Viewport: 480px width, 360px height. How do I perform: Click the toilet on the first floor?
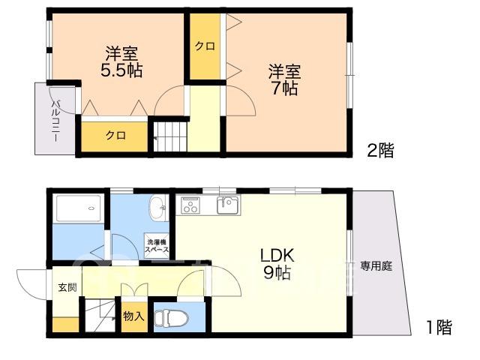click(x=170, y=318)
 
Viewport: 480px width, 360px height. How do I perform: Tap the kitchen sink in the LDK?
click(x=228, y=205)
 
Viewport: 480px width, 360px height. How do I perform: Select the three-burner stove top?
click(x=190, y=205)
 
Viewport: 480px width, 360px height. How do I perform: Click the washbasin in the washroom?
click(x=157, y=208)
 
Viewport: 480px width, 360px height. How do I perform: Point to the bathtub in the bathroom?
click(x=78, y=208)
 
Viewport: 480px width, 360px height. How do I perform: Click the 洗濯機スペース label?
click(x=157, y=245)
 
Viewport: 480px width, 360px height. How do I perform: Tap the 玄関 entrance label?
click(x=67, y=287)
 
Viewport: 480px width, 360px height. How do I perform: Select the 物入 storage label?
click(x=133, y=316)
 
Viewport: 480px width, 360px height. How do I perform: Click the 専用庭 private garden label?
click(x=376, y=266)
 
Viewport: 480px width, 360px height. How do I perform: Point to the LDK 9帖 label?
click(x=277, y=263)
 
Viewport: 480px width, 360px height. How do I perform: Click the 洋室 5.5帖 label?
click(x=121, y=61)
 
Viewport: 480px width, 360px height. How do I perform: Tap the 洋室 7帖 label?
click(x=285, y=80)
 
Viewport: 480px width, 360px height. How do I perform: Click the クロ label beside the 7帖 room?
click(x=205, y=46)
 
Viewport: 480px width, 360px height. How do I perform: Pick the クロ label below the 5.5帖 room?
click(x=115, y=135)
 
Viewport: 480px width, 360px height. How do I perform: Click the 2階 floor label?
click(x=380, y=150)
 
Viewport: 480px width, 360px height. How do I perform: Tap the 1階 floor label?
click(x=439, y=327)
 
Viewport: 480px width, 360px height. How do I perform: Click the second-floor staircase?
click(x=170, y=136)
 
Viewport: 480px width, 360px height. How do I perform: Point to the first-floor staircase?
click(x=100, y=316)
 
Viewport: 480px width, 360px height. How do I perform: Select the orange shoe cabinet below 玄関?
click(x=65, y=325)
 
